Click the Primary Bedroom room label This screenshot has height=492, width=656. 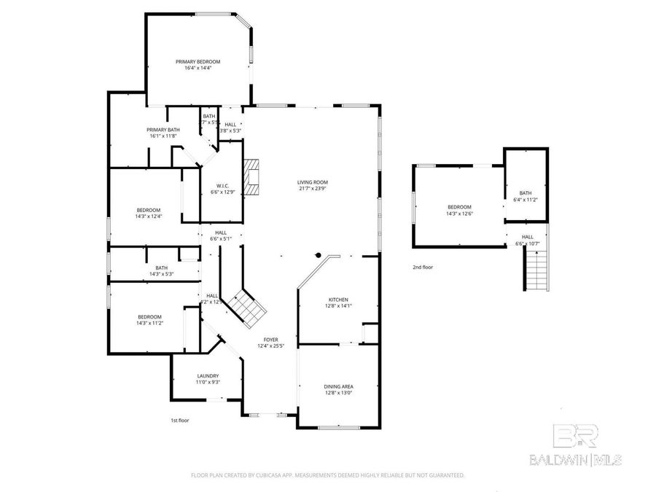point(198,62)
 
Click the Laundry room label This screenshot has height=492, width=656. point(207,376)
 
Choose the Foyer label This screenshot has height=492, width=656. point(270,340)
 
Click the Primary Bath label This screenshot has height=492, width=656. point(164,130)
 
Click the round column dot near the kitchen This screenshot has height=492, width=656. point(319,255)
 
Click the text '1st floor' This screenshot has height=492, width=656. point(179,421)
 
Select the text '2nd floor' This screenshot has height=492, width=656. point(423,268)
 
